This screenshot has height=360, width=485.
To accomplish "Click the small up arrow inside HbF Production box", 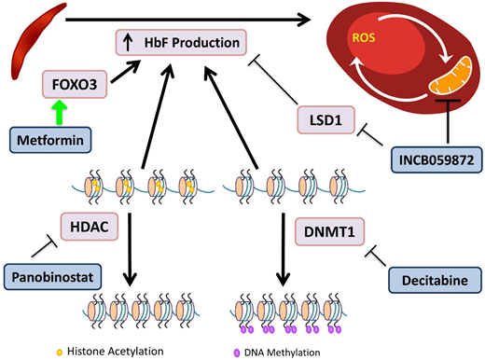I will point(128,41).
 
